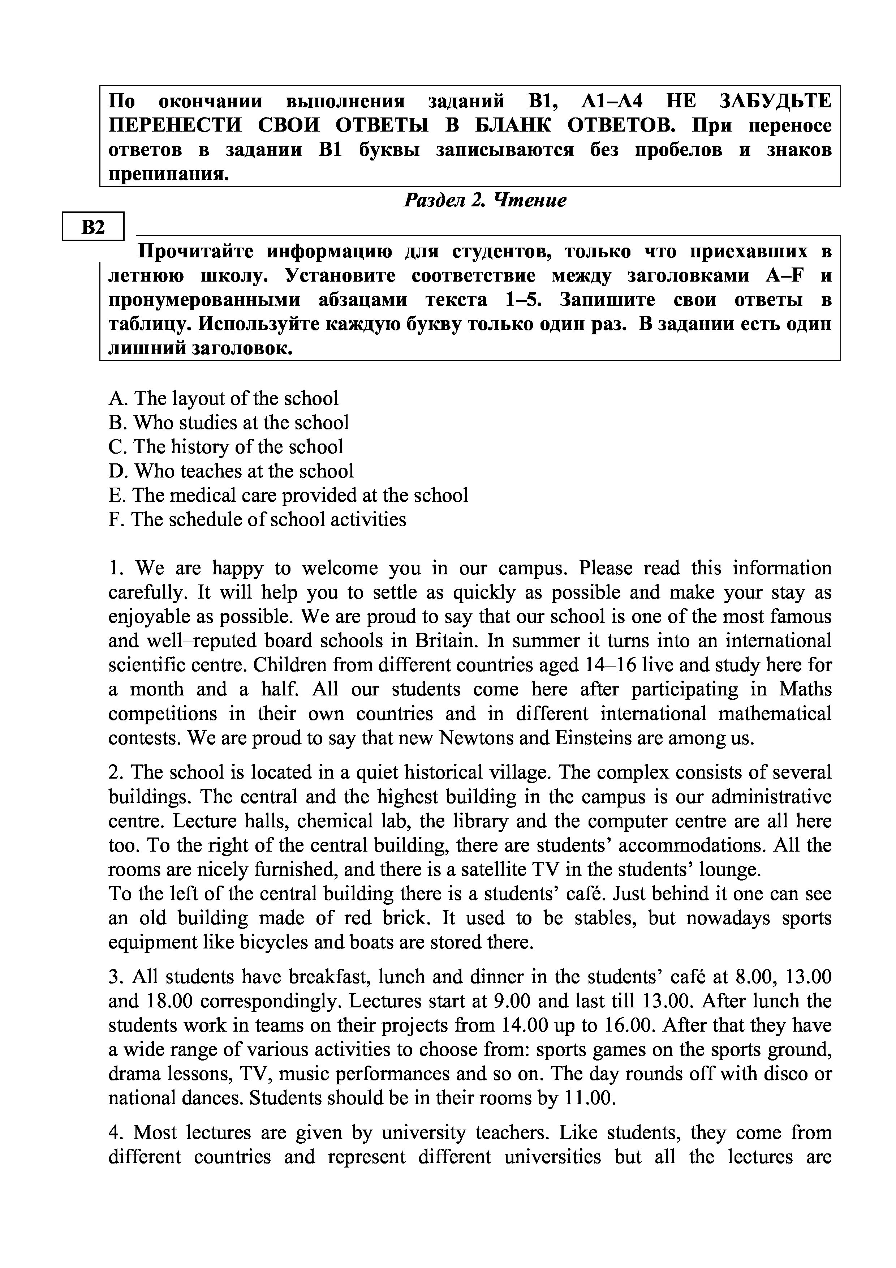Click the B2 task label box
click(x=93, y=226)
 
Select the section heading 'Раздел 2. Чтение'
click(x=485, y=200)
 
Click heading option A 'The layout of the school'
click(x=224, y=398)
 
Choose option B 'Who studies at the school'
click(x=229, y=423)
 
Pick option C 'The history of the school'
click(x=226, y=447)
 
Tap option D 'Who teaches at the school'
click(x=231, y=471)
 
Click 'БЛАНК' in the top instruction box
click(x=511, y=126)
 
